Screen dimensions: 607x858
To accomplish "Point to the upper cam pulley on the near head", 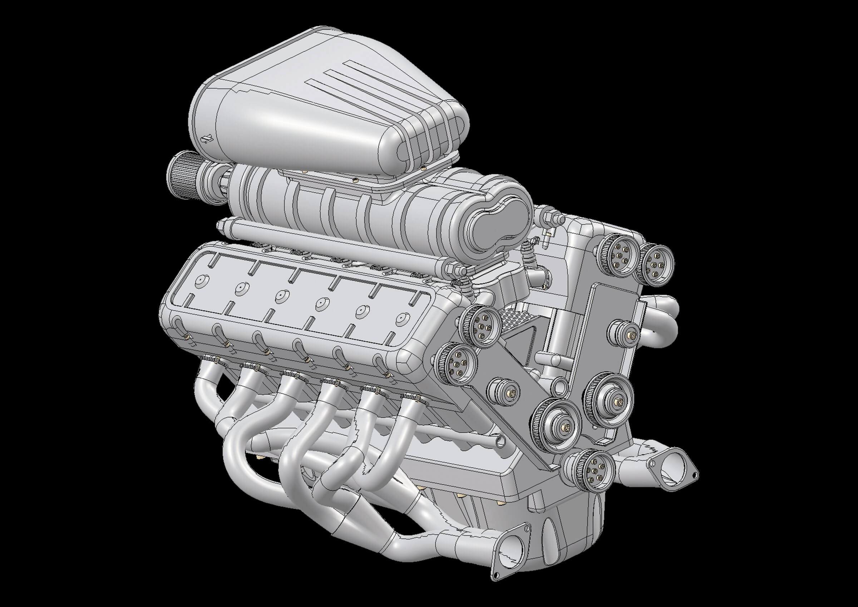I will coord(481,326).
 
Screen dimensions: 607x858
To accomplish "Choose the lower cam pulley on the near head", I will coord(456,364).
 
